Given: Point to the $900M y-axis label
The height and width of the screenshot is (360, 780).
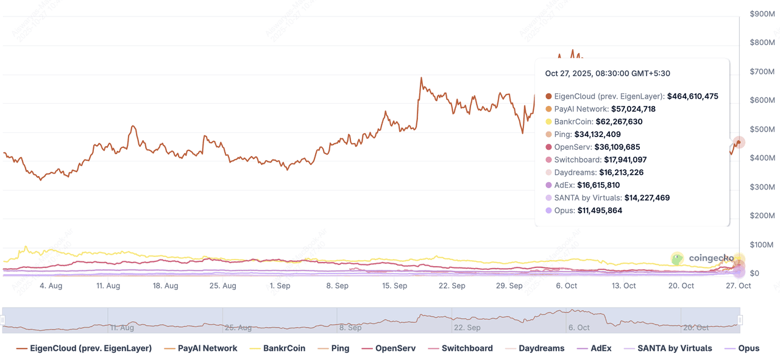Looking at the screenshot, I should [762, 13].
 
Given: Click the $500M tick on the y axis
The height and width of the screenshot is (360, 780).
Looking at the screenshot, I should [762, 129].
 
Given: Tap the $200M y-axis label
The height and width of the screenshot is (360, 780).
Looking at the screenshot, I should [762, 216].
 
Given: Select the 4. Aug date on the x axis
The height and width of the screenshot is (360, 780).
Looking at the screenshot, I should [51, 286].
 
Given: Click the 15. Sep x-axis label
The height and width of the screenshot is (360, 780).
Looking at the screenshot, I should [395, 286].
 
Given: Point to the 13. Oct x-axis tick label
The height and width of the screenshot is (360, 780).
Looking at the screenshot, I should [624, 286].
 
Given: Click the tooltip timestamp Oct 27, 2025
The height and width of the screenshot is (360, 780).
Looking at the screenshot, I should [607, 74].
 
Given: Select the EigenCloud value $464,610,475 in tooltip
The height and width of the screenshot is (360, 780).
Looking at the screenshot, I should [692, 96].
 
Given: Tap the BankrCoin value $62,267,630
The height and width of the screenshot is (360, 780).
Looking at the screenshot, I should [619, 122].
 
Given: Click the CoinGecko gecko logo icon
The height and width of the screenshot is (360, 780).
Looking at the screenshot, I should [678, 259].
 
